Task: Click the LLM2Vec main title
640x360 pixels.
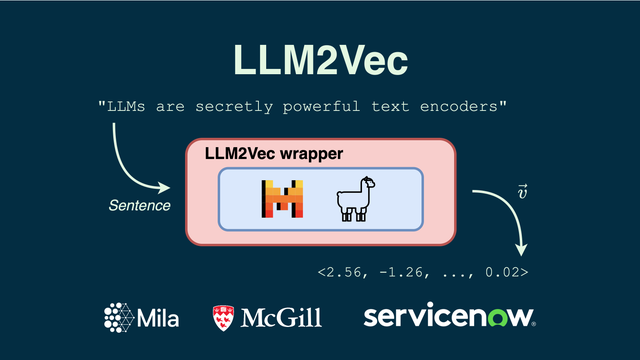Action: (320, 59)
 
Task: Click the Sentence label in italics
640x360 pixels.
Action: (139, 206)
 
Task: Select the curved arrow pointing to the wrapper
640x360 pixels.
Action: (135, 160)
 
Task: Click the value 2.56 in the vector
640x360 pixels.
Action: (346, 272)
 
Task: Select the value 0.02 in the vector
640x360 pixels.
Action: (502, 272)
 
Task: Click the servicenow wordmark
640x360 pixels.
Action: (449, 318)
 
